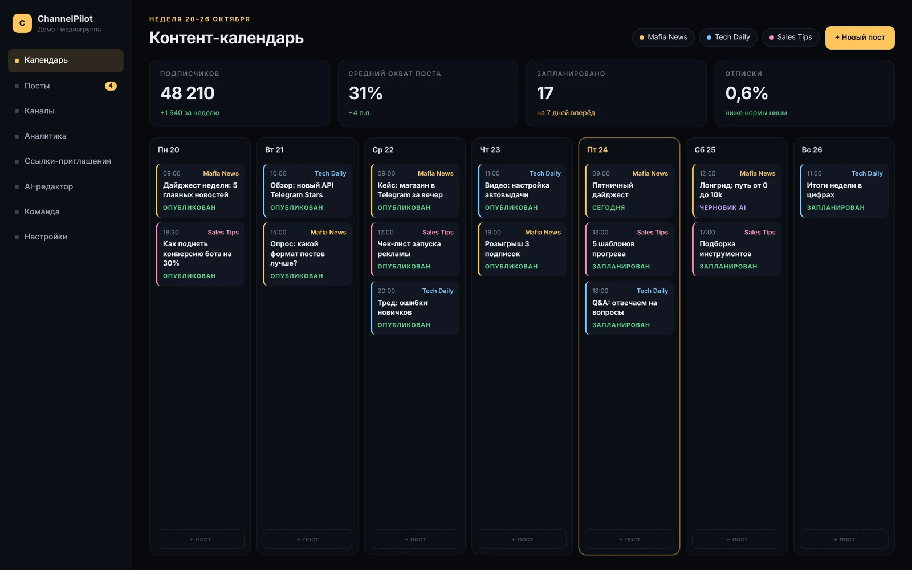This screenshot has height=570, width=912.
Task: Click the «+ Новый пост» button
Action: point(860,38)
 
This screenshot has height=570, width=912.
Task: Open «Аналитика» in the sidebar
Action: point(45,136)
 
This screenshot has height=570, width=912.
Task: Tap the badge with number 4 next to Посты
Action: point(111,86)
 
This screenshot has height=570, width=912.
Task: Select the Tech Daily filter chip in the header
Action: point(728,38)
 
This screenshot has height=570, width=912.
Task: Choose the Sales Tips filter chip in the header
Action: point(790,38)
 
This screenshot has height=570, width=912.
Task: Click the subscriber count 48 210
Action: point(188,93)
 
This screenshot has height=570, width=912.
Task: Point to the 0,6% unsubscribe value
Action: point(746,93)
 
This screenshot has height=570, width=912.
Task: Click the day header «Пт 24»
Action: point(597,150)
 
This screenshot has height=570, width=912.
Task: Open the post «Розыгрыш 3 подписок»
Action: point(522,249)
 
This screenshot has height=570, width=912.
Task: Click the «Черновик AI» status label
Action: point(722,207)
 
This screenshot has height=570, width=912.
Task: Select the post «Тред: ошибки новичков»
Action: point(415,308)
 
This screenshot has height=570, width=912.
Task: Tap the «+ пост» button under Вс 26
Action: point(844,539)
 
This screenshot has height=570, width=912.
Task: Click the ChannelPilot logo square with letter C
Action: point(22,23)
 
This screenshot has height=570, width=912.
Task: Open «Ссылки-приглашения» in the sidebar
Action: point(68,161)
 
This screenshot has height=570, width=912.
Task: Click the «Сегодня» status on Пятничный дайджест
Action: point(608,207)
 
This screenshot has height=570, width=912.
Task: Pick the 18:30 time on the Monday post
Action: point(171,232)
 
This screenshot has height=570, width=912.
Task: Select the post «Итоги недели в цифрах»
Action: point(844,190)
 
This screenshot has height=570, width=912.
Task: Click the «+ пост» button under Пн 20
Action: point(200,539)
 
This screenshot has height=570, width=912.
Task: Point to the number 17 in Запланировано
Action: point(545,93)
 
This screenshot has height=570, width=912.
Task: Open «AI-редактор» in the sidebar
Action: point(48,186)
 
